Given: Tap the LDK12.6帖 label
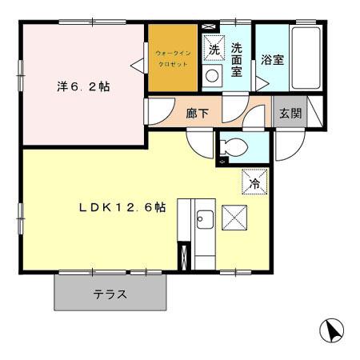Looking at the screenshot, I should pyautogui.click(x=122, y=206).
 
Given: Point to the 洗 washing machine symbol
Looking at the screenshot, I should pyautogui.click(x=214, y=50).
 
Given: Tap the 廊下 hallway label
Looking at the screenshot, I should pyautogui.click(x=198, y=114).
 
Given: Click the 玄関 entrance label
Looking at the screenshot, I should pyautogui.click(x=290, y=113).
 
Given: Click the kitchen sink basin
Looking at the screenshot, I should pyautogui.click(x=204, y=218).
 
